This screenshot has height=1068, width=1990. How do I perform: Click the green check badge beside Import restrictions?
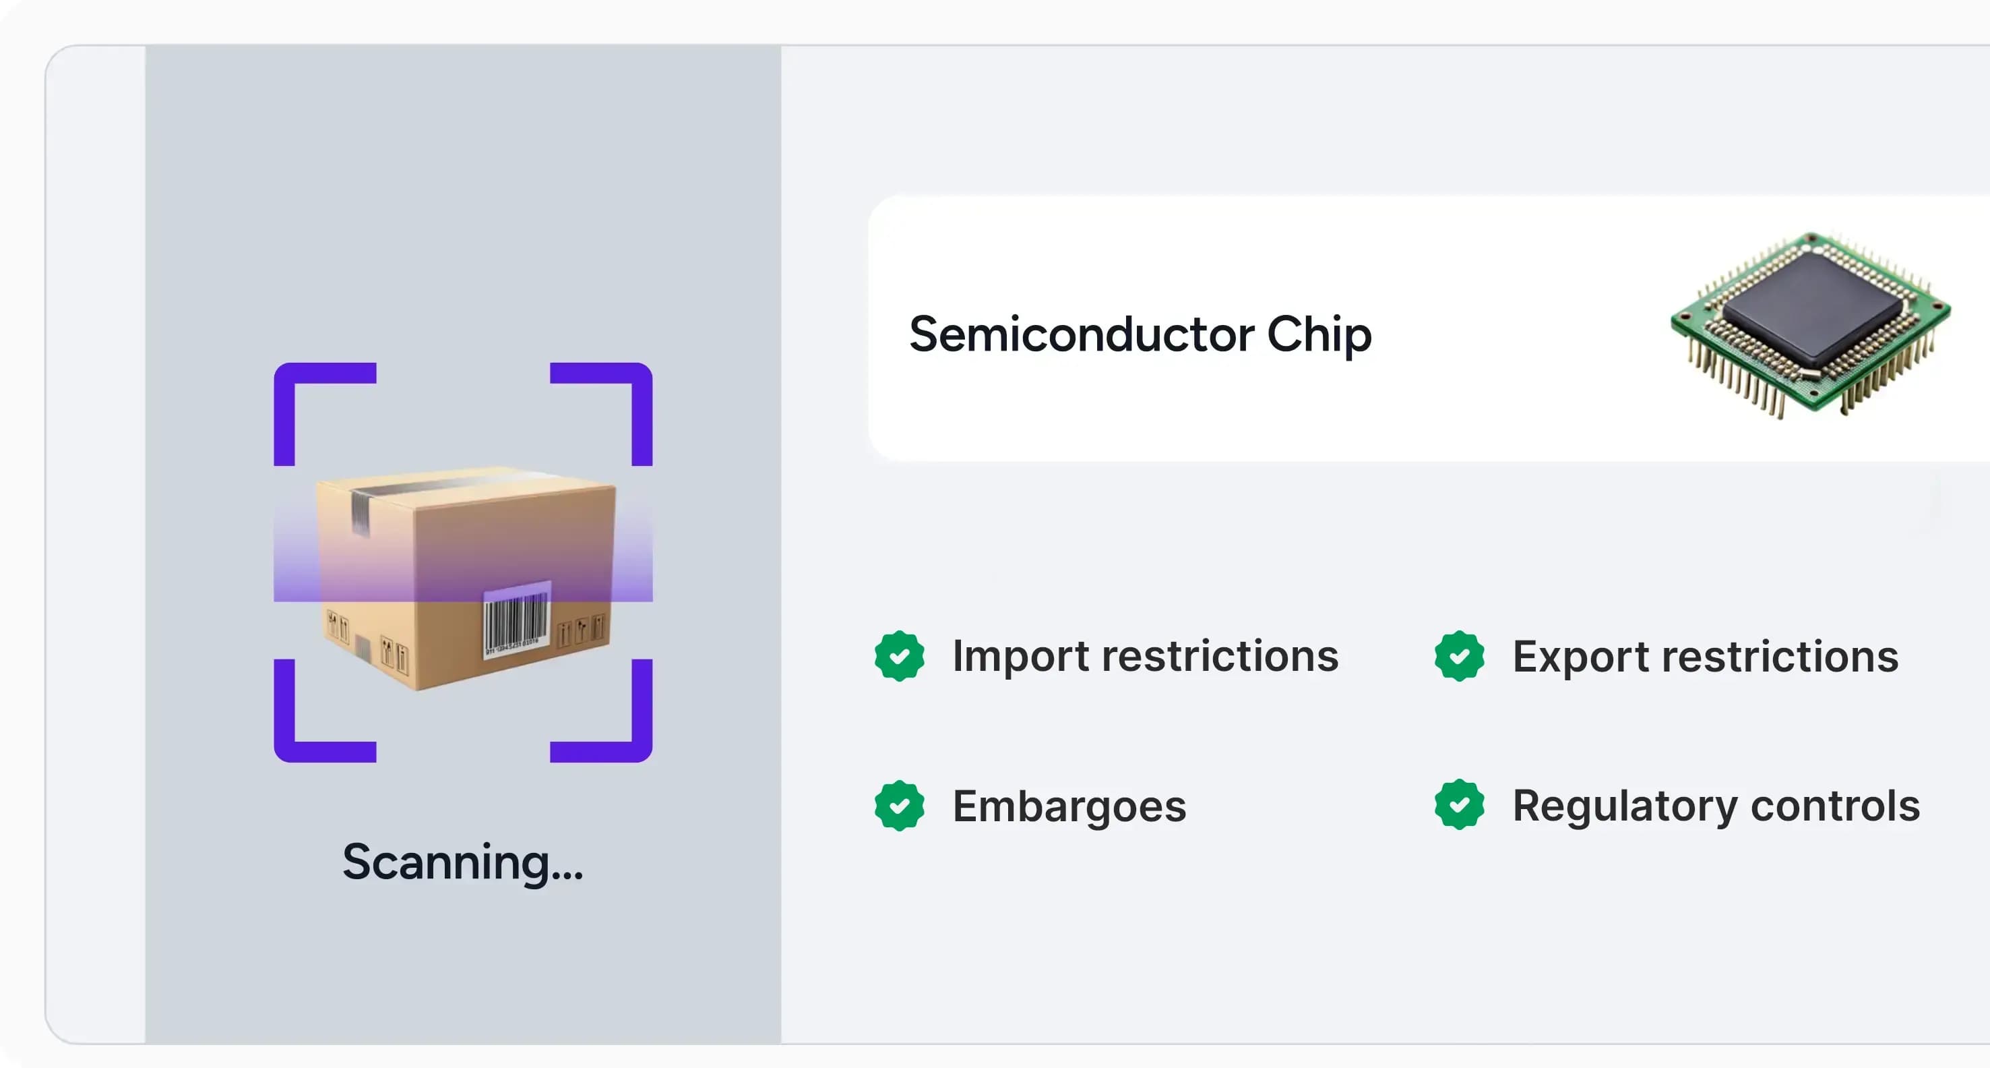click(x=899, y=656)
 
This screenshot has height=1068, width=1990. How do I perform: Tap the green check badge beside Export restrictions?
click(x=1458, y=656)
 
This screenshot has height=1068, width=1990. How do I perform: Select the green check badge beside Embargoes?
click(x=899, y=806)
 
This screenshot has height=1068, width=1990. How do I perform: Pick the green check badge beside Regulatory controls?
click(x=1458, y=805)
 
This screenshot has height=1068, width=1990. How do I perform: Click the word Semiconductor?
click(x=1082, y=334)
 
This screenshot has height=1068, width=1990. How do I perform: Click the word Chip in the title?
click(x=1319, y=334)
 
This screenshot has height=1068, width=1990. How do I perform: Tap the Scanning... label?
click(x=463, y=862)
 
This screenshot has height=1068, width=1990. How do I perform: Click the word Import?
click(x=1020, y=656)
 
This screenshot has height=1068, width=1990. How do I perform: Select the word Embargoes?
click(x=1069, y=806)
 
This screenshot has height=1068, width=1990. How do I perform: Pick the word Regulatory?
click(x=1625, y=806)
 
